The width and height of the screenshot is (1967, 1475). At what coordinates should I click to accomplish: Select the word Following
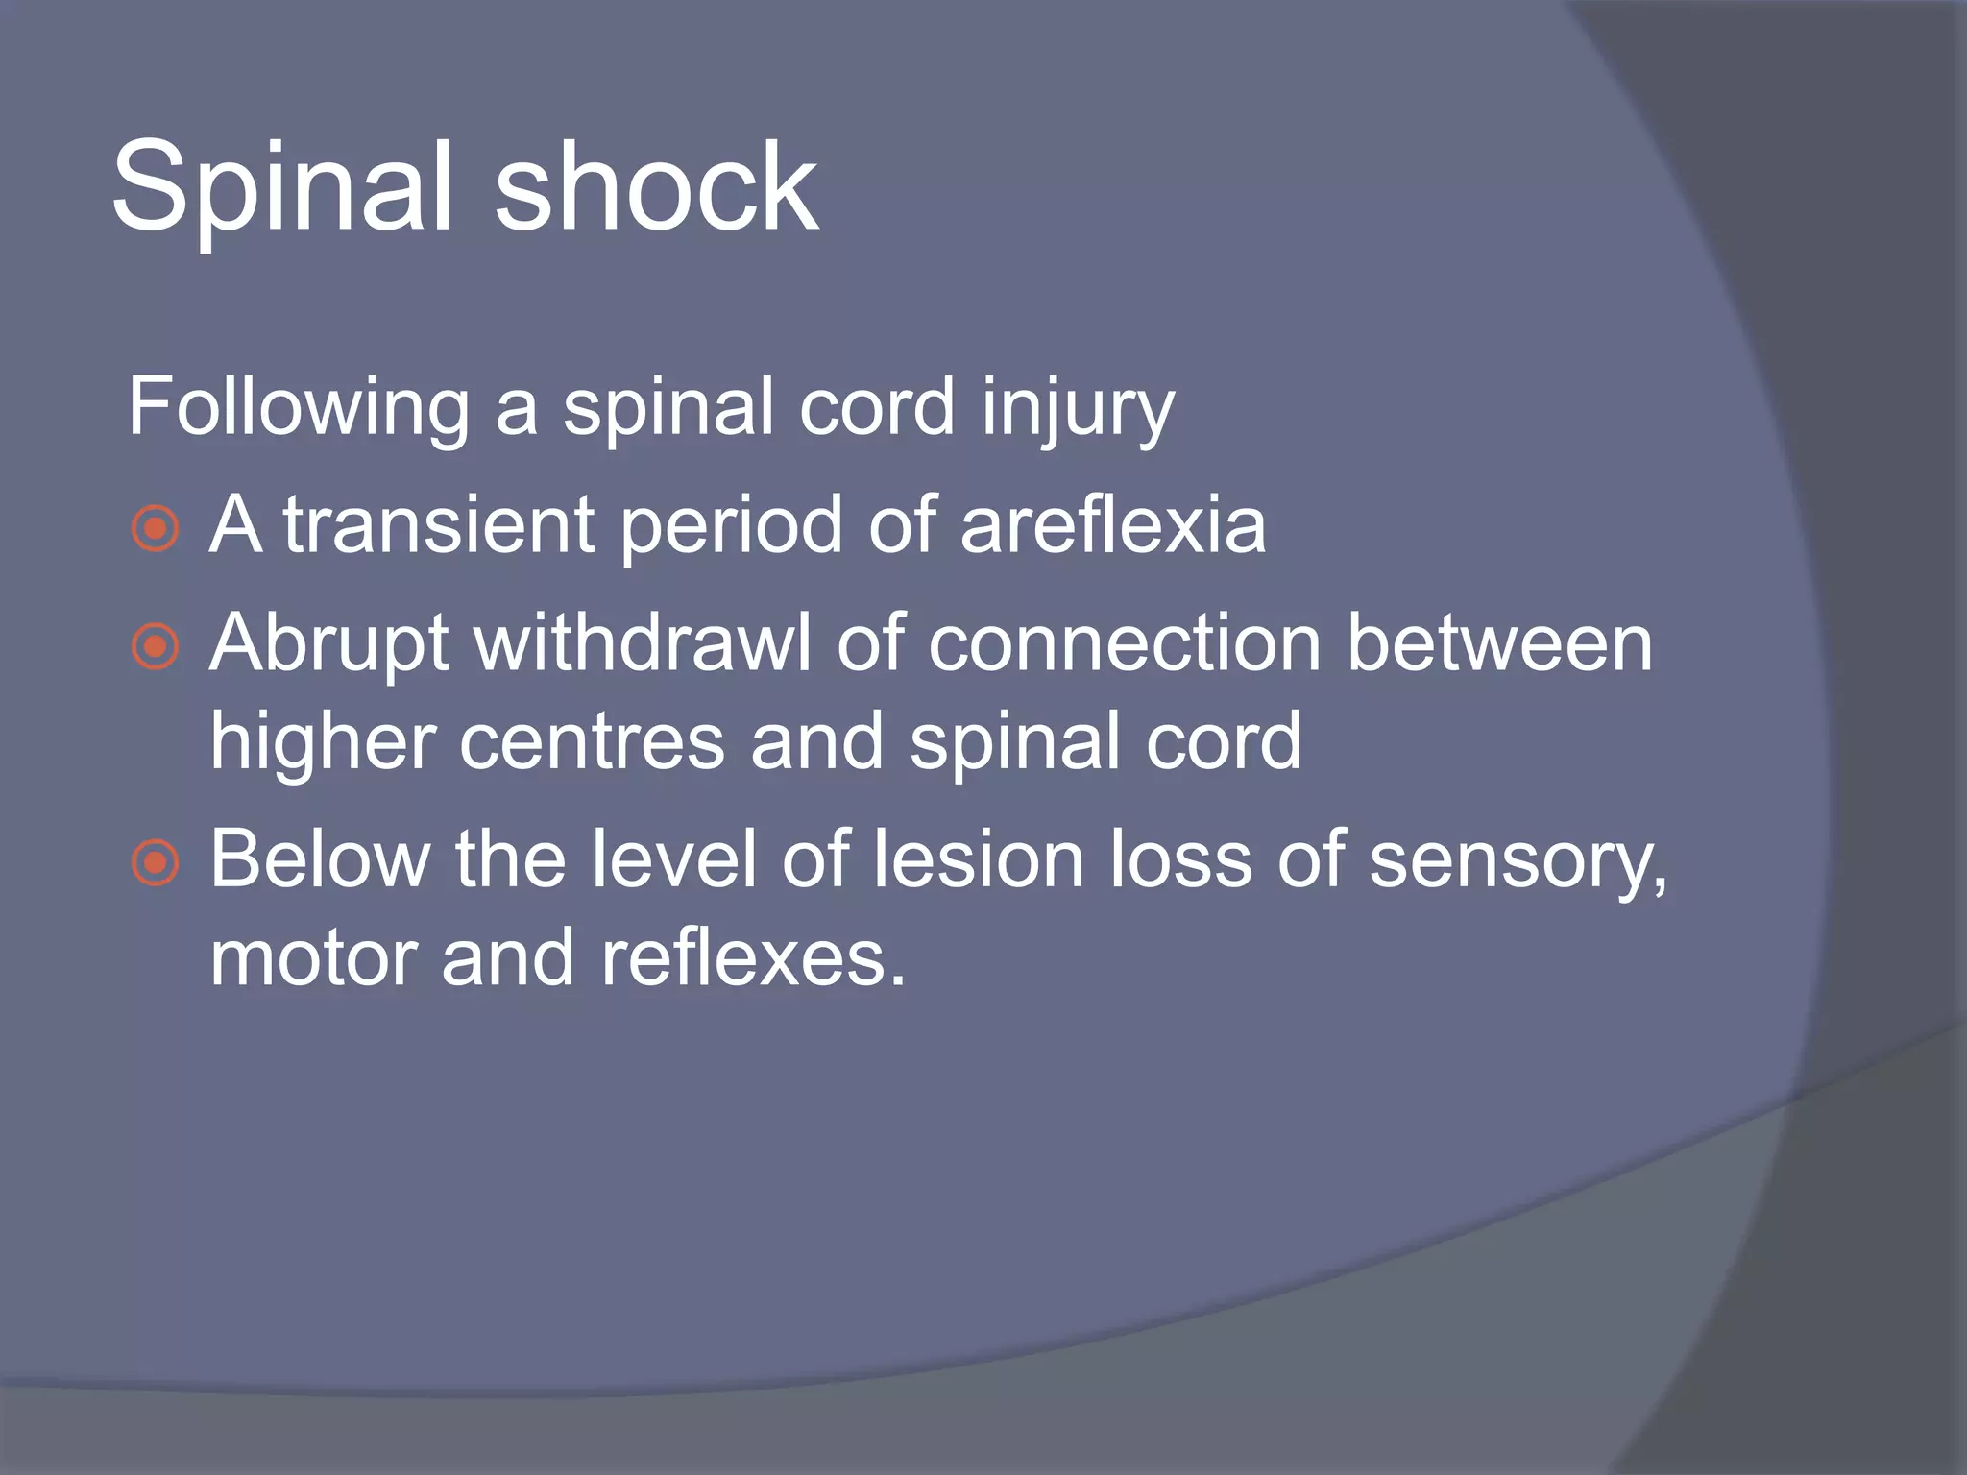(x=298, y=409)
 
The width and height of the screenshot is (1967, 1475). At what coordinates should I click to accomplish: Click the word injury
(x=1078, y=409)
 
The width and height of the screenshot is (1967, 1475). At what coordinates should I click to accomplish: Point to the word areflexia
(x=1113, y=525)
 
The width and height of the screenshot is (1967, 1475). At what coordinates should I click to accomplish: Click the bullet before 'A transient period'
(x=156, y=529)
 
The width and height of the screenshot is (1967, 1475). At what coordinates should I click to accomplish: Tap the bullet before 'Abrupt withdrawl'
(x=156, y=647)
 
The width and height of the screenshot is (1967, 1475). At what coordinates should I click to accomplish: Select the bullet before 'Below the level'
(x=156, y=862)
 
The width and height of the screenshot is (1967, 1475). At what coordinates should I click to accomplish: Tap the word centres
(x=592, y=742)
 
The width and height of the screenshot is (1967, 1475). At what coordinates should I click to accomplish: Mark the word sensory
(x=1518, y=862)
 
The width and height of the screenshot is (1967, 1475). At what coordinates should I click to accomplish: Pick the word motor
(x=313, y=958)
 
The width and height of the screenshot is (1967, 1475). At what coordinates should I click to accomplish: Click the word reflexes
(x=753, y=958)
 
